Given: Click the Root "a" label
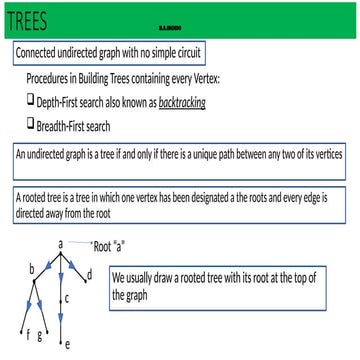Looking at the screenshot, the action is click(115, 246).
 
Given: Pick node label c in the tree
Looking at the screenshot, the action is click(66, 298).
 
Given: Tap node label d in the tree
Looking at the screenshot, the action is click(90, 273).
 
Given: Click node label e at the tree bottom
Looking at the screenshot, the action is click(66, 345).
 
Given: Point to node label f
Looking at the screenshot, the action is click(27, 332).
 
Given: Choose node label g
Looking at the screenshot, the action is click(40, 334).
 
